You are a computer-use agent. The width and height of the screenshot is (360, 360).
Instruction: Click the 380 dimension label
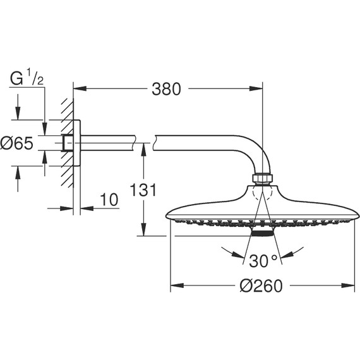(166, 89)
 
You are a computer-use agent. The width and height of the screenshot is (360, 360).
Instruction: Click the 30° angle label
(262, 260)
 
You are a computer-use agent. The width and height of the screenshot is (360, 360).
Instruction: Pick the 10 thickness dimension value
(109, 200)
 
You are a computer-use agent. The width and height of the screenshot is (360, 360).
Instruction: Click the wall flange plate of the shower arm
(77, 144)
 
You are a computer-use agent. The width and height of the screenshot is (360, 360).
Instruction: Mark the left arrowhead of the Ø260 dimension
(175, 286)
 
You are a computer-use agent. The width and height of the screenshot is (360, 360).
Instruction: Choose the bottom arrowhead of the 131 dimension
(144, 232)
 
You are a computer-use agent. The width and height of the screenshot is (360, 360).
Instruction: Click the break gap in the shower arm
(144, 141)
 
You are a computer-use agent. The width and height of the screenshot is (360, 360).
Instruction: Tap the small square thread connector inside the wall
(66, 144)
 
